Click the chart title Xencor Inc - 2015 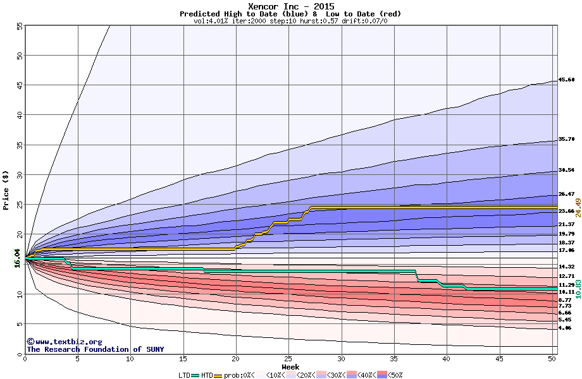click(x=290, y=6)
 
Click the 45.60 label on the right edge click(x=566, y=80)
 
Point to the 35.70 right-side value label click(x=566, y=139)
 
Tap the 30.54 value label click(x=566, y=171)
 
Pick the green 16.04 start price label click(x=18, y=258)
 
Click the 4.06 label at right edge click(x=565, y=328)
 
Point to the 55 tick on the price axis click(x=19, y=26)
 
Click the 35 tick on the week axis click(x=393, y=359)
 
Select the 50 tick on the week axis click(x=552, y=359)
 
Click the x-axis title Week click(x=290, y=367)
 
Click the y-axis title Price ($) click(x=6, y=189)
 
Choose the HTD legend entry click(x=207, y=375)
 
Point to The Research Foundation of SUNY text click(x=95, y=349)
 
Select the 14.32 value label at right click(x=566, y=267)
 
